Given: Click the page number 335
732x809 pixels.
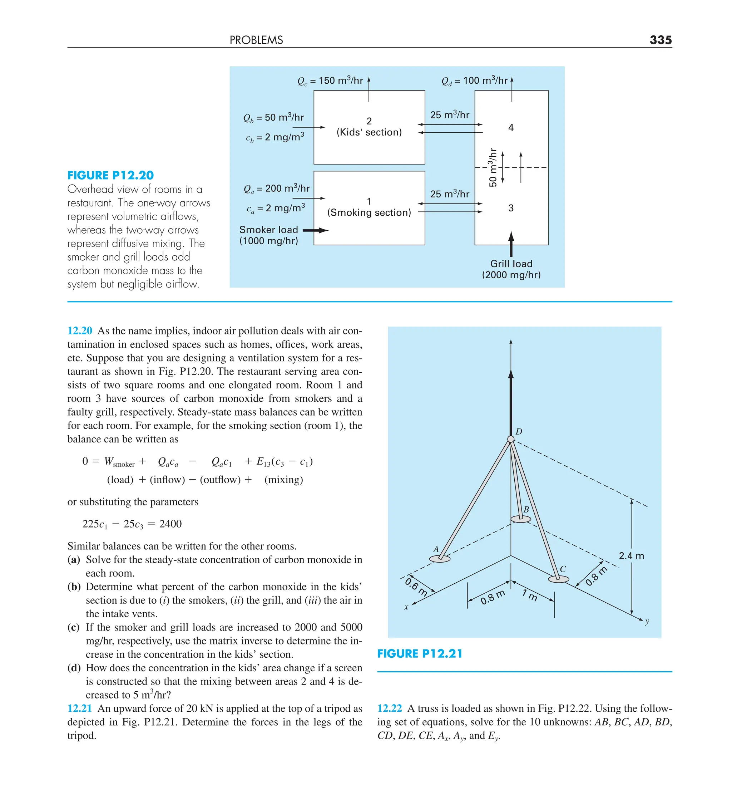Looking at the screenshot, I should [660, 40].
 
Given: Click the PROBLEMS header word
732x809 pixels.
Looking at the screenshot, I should [256, 40].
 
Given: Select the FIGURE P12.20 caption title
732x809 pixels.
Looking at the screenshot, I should [110, 175].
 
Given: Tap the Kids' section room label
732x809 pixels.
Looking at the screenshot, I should [369, 132].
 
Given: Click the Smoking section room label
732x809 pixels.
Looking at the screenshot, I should [369, 212].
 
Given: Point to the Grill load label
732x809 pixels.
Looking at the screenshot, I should [511, 264].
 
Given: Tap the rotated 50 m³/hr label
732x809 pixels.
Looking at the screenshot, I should [493, 168].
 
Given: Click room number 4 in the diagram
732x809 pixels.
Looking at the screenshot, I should [511, 128].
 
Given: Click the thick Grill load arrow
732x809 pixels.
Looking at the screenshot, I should [511, 244].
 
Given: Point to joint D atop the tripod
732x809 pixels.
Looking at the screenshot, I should [511, 439].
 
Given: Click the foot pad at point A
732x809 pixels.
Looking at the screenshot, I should [440, 559].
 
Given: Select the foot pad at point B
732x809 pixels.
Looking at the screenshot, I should [521, 519].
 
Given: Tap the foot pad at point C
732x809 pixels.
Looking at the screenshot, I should [558, 579].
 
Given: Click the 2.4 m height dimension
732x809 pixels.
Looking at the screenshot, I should [631, 556].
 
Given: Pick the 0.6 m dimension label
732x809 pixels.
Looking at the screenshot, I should [416, 586].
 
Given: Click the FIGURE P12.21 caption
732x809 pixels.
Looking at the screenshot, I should [420, 654].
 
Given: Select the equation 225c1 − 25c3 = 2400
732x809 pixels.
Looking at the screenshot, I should [132, 524].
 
